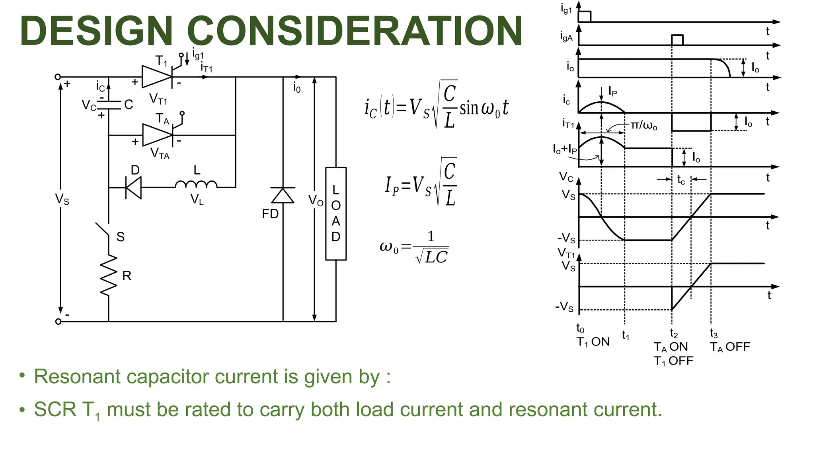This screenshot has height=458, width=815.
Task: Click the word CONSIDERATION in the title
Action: (355, 31)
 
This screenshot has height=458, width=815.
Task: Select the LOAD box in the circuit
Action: (336, 213)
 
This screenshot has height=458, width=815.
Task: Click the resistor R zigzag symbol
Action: (109, 275)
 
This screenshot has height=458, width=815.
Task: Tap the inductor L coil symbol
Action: (196, 184)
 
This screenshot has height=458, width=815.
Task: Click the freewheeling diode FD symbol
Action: (283, 196)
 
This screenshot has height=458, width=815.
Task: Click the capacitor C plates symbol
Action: (109, 105)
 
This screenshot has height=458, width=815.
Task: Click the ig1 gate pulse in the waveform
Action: (585, 17)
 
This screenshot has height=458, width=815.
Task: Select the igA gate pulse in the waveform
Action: (677, 40)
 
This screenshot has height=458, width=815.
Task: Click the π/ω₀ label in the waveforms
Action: (644, 126)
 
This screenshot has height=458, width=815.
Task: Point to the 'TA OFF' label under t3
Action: (730, 347)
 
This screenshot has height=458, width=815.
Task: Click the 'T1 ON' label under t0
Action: (593, 342)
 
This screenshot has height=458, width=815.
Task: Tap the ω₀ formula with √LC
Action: (414, 247)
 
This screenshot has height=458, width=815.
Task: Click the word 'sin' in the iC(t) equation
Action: (470, 108)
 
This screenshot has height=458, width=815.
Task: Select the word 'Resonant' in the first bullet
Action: (77, 376)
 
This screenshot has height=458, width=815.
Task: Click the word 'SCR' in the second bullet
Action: (55, 409)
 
